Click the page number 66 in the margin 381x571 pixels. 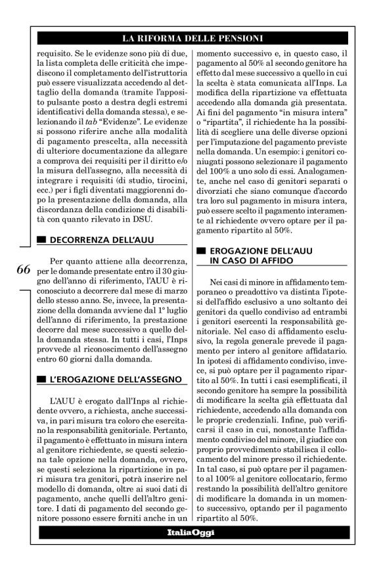click(x=20, y=270)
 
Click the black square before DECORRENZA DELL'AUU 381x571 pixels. click(x=41, y=240)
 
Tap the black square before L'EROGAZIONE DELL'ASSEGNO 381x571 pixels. click(x=41, y=380)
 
